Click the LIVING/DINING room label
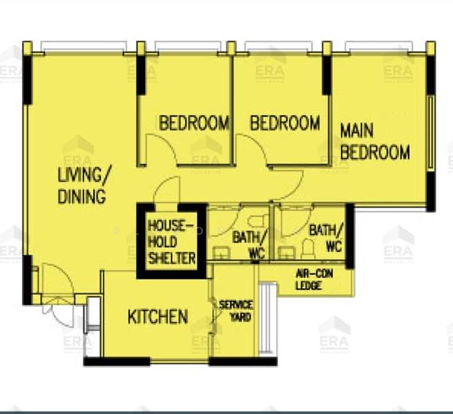tap(81, 184)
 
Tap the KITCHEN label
tap(157, 317)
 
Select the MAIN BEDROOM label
tap(374, 141)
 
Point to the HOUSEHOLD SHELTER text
tap(171, 241)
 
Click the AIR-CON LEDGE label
tap(314, 279)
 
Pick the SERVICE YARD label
tap(235, 310)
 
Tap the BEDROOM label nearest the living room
tap(194, 124)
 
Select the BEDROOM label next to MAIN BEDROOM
tap(285, 124)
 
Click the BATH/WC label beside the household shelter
tap(249, 245)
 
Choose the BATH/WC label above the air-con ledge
tap(326, 237)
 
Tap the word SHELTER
tap(172, 259)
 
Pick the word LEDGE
tap(309, 285)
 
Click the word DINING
tap(81, 196)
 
